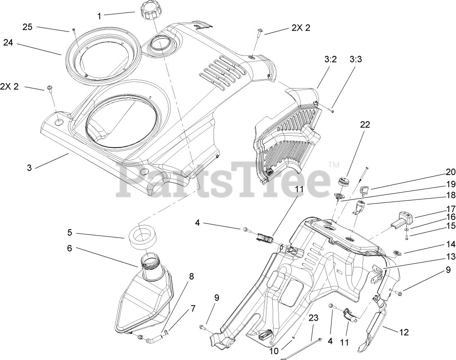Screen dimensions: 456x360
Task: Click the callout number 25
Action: (27, 27)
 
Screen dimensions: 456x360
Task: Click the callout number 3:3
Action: (356, 59)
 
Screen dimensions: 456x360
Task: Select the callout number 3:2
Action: (331, 59)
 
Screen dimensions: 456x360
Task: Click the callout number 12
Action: (404, 331)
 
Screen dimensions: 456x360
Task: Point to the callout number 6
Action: (70, 248)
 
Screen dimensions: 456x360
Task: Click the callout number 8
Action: (191, 276)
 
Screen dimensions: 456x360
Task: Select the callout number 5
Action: (70, 233)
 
